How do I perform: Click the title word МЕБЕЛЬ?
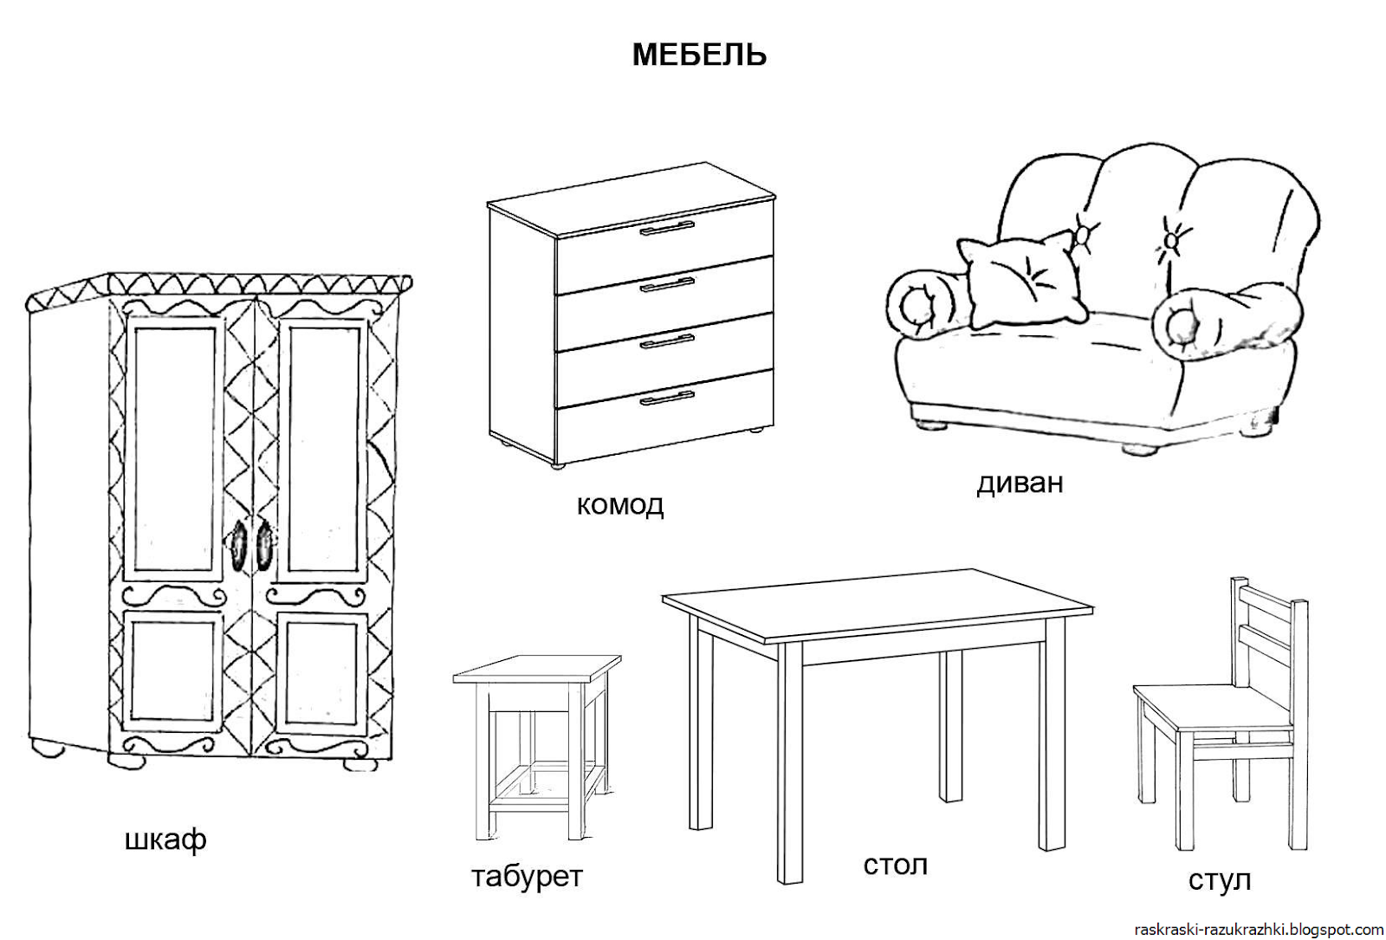pyautogui.click(x=699, y=55)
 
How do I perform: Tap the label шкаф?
pyautogui.click(x=165, y=840)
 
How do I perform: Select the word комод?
pyautogui.click(x=620, y=504)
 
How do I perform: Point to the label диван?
pyautogui.click(x=1020, y=483)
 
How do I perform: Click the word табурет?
pyautogui.click(x=527, y=877)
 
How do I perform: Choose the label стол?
pyautogui.click(x=895, y=865)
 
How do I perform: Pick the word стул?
pyautogui.click(x=1220, y=880)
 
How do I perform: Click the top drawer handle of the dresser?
pyautogui.click(x=667, y=228)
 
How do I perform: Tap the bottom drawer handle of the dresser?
pyautogui.click(x=667, y=398)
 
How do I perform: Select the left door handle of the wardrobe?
pyautogui.click(x=238, y=546)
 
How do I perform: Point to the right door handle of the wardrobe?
pyautogui.click(x=263, y=546)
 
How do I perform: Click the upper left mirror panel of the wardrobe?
pyautogui.click(x=171, y=448)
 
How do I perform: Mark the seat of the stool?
pyautogui.click(x=537, y=668)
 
